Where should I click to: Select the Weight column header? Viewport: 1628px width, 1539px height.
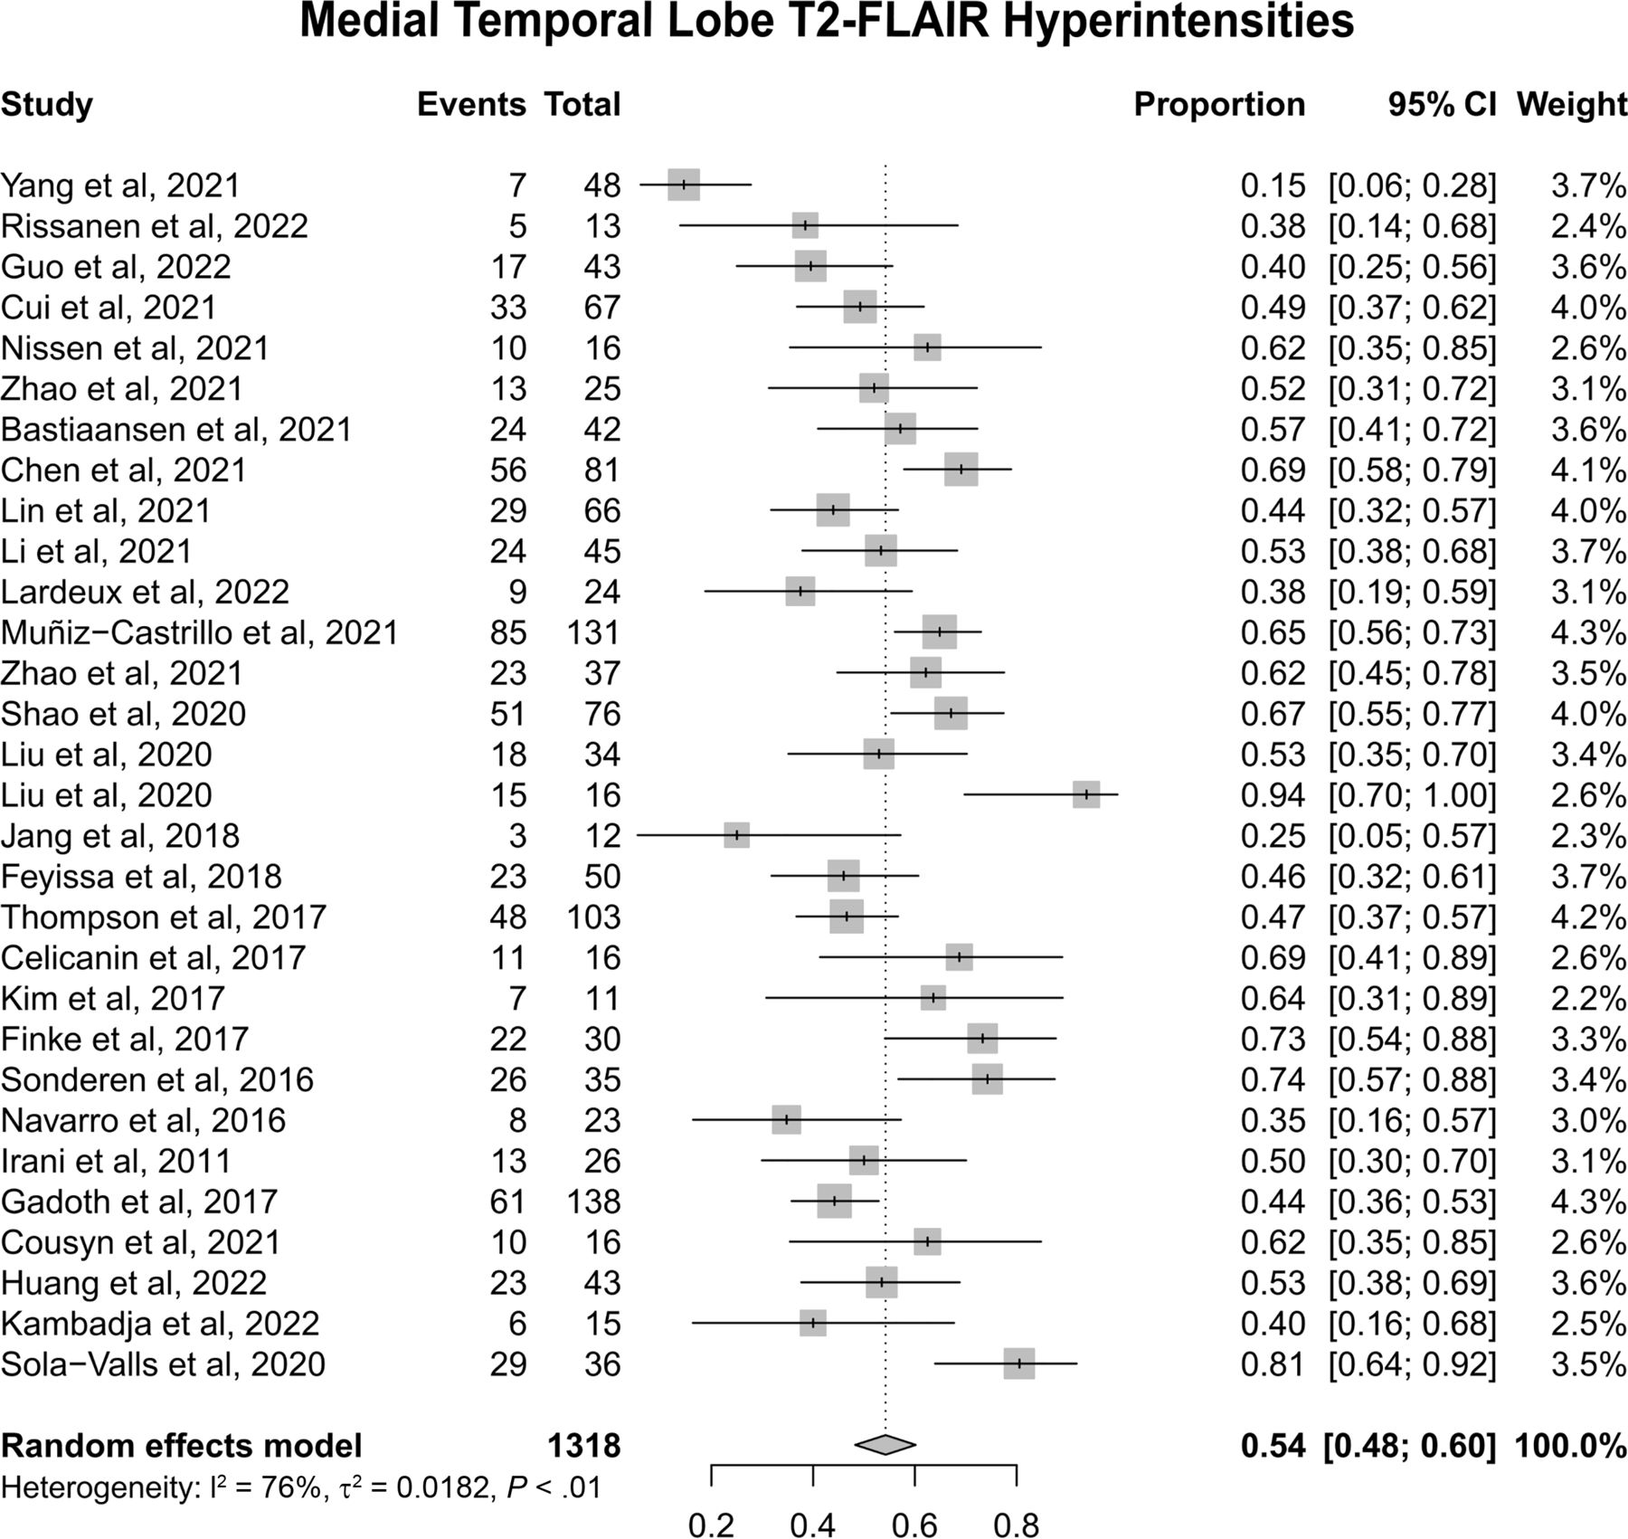click(x=1572, y=105)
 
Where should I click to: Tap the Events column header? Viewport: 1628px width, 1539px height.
click(x=471, y=105)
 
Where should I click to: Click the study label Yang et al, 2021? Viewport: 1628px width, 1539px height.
click(x=121, y=185)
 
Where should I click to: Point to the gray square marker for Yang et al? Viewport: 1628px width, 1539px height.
click(x=684, y=185)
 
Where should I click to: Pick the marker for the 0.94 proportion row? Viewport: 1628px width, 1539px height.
click(x=1086, y=794)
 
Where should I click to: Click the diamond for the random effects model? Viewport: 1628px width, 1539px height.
click(x=885, y=1445)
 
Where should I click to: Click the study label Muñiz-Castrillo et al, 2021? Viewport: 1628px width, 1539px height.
click(x=200, y=632)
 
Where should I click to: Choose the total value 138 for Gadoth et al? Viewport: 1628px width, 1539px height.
click(x=593, y=1202)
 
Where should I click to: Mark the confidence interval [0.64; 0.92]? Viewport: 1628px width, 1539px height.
click(x=1412, y=1364)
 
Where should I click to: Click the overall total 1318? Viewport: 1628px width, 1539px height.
click(x=584, y=1446)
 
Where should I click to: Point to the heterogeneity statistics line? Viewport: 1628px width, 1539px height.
click(x=301, y=1487)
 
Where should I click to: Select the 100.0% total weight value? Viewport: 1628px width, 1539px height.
click(x=1571, y=1446)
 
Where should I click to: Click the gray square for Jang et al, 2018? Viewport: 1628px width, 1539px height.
click(x=737, y=835)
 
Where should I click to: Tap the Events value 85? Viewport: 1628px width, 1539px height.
click(x=508, y=632)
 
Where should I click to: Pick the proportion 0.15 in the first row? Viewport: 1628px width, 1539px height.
click(x=1273, y=185)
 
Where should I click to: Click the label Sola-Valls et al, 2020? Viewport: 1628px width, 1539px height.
click(x=163, y=1364)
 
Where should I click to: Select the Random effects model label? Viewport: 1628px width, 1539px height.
click(x=181, y=1446)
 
